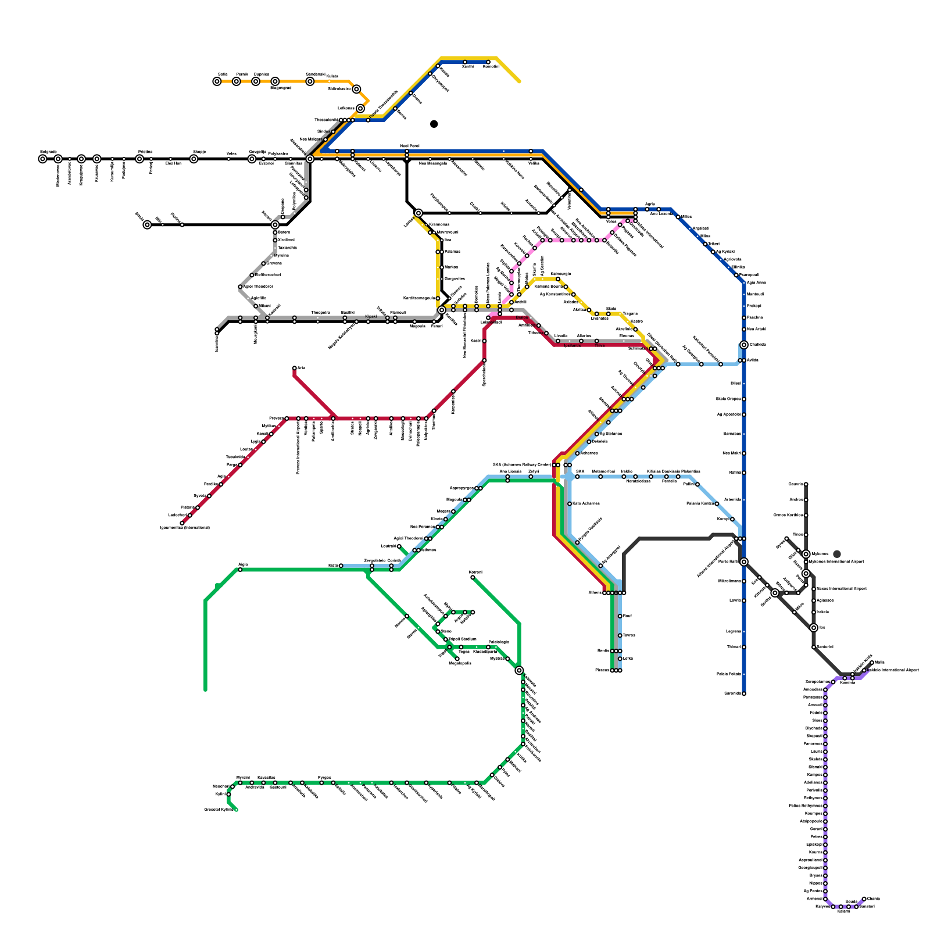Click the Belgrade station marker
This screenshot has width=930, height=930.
coord(42,159)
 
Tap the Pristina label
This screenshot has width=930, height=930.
coord(145,152)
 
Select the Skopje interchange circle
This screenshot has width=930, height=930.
coord(194,159)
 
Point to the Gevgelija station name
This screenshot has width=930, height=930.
coord(257,152)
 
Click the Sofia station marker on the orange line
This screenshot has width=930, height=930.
coord(217,81)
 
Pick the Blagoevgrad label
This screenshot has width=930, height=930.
coord(281,88)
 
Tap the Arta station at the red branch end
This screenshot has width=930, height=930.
coord(294,368)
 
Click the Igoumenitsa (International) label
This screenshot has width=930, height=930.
coord(185,528)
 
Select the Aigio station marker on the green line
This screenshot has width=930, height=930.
coord(240,570)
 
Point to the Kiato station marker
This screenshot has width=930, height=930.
coord(341,566)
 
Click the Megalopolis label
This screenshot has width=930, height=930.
coord(460,663)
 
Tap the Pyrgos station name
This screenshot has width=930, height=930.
coord(324,778)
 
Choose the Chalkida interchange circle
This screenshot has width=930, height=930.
coord(743,345)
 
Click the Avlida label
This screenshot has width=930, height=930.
coord(753,360)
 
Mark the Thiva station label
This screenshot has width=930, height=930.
coord(600,346)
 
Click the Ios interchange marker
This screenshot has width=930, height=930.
coord(814,628)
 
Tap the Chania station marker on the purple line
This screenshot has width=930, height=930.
coord(864,899)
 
